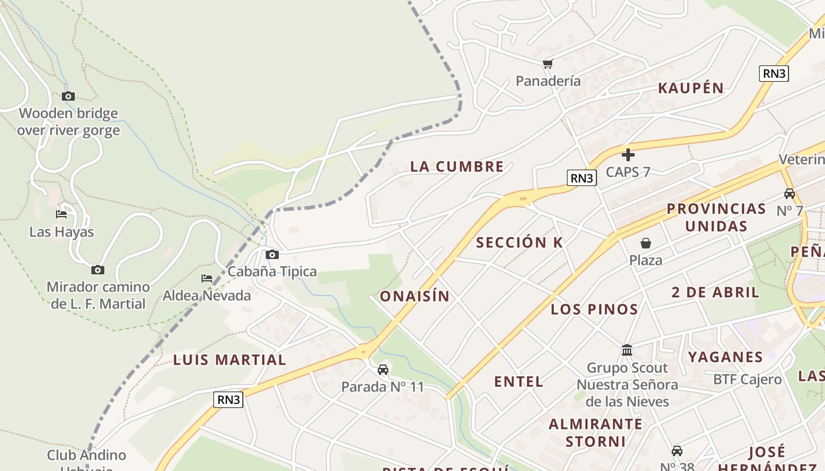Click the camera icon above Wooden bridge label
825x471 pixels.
tap(68, 96)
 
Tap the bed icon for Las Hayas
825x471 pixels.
tap(61, 214)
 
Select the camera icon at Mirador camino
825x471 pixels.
tap(98, 270)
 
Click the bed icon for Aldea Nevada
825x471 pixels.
tap(207, 278)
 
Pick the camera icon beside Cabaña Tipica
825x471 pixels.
tap(272, 254)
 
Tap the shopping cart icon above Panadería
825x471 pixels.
tap(548, 64)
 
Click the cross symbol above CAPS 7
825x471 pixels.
tap(628, 155)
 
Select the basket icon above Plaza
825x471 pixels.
tap(646, 243)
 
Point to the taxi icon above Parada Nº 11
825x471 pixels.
tap(383, 370)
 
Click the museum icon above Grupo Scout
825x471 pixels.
tap(627, 350)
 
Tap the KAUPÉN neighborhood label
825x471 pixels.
tap(691, 88)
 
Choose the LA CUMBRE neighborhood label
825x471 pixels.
tap(457, 167)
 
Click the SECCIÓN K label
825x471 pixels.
tap(519, 243)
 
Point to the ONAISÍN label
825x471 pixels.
tap(414, 296)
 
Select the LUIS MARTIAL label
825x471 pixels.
tap(229, 360)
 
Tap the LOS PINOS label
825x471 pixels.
tap(594, 309)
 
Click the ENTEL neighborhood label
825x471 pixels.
tap(519, 382)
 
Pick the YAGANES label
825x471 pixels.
tap(725, 357)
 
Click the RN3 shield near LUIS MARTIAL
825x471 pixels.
tap(228, 400)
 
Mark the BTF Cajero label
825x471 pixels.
tap(747, 379)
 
